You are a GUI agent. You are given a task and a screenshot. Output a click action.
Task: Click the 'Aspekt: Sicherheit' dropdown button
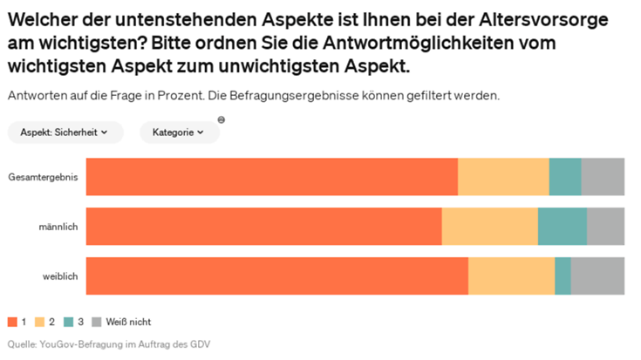pyautogui.click(x=65, y=132)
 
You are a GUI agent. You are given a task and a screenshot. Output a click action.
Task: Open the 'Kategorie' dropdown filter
pyautogui.click(x=179, y=132)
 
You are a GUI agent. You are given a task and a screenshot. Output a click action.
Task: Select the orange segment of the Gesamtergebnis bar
pyautogui.click(x=271, y=177)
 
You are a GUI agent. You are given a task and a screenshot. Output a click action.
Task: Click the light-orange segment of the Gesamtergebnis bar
pyautogui.click(x=503, y=177)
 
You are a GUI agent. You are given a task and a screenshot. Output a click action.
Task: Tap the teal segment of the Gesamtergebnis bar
pyautogui.click(x=565, y=177)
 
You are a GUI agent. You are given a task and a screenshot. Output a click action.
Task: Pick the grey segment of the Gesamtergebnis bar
pyautogui.click(x=603, y=177)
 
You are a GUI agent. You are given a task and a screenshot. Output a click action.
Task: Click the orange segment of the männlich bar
pyautogui.click(x=263, y=227)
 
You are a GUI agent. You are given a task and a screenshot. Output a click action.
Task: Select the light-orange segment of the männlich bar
pyautogui.click(x=490, y=227)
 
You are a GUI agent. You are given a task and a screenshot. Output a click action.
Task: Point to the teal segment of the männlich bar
pyautogui.click(x=563, y=227)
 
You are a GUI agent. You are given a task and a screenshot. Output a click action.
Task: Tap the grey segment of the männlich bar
pyautogui.click(x=605, y=227)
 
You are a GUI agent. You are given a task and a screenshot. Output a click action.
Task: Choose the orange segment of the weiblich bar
pyautogui.click(x=276, y=276)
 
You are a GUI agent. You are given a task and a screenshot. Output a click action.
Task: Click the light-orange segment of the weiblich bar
pyautogui.click(x=511, y=276)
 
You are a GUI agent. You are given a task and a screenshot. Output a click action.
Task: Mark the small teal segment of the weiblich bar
pyautogui.click(x=563, y=276)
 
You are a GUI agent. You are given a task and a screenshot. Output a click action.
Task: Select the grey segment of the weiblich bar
pyautogui.click(x=597, y=276)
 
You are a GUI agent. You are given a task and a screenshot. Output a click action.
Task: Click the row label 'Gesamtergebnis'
pyautogui.click(x=43, y=177)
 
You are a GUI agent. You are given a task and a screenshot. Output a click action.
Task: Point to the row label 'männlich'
pyautogui.click(x=58, y=227)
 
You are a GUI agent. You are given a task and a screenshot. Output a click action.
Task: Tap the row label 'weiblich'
pyautogui.click(x=60, y=276)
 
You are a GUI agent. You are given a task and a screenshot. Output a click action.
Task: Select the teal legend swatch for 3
pyautogui.click(x=69, y=323)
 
